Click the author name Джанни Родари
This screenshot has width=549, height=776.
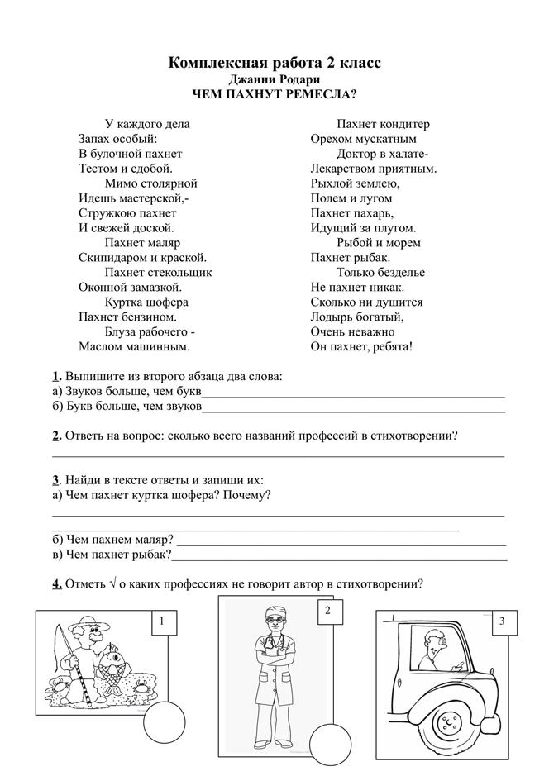tap(274, 79)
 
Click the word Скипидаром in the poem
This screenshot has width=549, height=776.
tap(112, 257)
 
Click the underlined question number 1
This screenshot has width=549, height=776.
tap(55, 376)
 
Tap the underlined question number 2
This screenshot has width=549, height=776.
tap(55, 436)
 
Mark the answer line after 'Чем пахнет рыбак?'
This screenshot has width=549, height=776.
tap(339, 557)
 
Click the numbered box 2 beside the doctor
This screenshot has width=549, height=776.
tap(328, 612)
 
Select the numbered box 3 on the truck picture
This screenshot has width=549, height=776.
tap(501, 621)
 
